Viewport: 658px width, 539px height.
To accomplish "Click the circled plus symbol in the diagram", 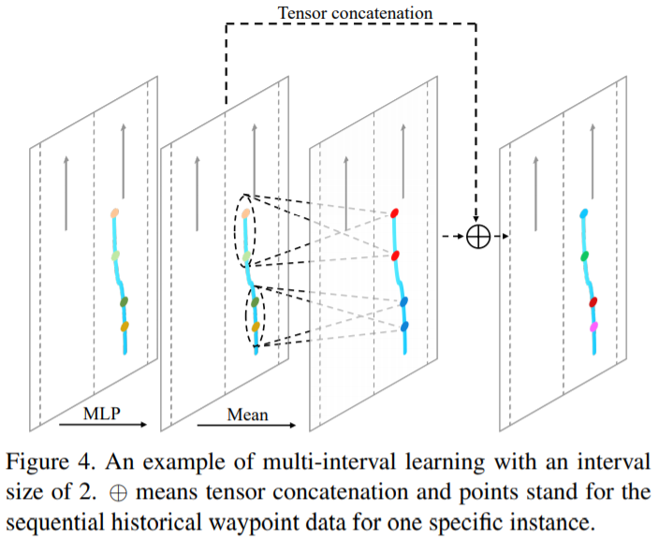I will coord(477,237).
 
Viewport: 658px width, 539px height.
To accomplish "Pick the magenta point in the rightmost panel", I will coord(592,327).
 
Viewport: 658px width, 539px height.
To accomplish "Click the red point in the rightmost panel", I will coord(592,301).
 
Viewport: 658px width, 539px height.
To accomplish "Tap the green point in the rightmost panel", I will coord(584,255).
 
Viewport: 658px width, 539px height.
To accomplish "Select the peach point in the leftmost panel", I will coord(115,214).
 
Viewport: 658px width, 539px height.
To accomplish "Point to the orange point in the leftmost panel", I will coord(124,326).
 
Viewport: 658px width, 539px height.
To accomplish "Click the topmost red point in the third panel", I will coord(394,214).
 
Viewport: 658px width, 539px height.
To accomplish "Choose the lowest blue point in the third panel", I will coord(404,327).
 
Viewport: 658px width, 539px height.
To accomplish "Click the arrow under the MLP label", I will coord(101,425).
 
